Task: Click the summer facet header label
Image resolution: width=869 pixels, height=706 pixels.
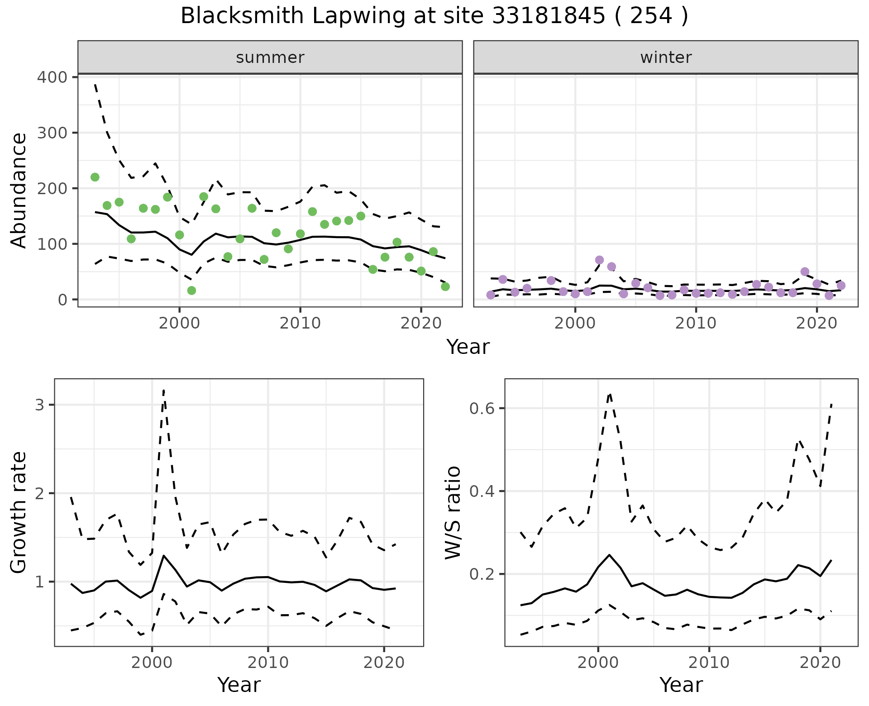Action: coord(270,57)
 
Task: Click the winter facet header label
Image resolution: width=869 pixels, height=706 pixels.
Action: coord(666,57)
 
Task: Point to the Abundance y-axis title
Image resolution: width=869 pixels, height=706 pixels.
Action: coord(19,191)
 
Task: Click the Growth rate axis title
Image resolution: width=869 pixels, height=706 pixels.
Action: coord(19,512)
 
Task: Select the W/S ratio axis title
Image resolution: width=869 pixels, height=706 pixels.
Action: coord(453,512)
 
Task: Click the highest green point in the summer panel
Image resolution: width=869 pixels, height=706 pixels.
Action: coord(95,177)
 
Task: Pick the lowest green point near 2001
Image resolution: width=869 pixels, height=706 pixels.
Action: coord(191,291)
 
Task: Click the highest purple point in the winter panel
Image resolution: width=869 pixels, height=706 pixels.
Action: coord(600,260)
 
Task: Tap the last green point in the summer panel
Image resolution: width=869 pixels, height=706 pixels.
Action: coord(445,286)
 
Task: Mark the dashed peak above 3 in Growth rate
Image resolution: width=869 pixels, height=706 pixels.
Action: coord(163,390)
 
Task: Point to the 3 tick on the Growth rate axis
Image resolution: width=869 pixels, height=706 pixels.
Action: coord(40,405)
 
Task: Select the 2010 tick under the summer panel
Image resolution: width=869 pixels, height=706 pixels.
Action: coord(300,323)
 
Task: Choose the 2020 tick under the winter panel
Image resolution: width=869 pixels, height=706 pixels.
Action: coord(817,323)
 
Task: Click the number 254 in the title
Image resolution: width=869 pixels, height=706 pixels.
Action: coord(652,16)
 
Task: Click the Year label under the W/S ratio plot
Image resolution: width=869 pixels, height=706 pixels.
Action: coord(681,685)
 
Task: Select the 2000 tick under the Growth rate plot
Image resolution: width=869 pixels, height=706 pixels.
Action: coord(152,663)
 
